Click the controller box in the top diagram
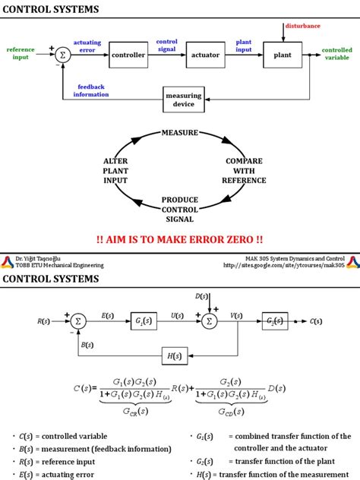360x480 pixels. pos(128,55)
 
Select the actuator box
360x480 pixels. pos(205,55)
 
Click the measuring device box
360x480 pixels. pos(183,100)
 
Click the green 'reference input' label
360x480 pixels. pos(21,53)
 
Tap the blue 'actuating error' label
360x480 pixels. pos(87,46)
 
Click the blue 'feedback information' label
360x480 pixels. pos(90,90)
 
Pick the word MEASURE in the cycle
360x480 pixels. pos(179,133)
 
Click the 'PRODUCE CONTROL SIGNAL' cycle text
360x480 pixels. pos(179,209)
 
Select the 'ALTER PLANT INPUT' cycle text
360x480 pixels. pos(116,171)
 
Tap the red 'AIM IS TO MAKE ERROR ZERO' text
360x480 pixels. pos(179,238)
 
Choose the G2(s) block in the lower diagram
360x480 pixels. pos(276,321)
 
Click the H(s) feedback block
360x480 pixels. pos(172,355)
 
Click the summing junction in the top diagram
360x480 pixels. pos(63,55)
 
